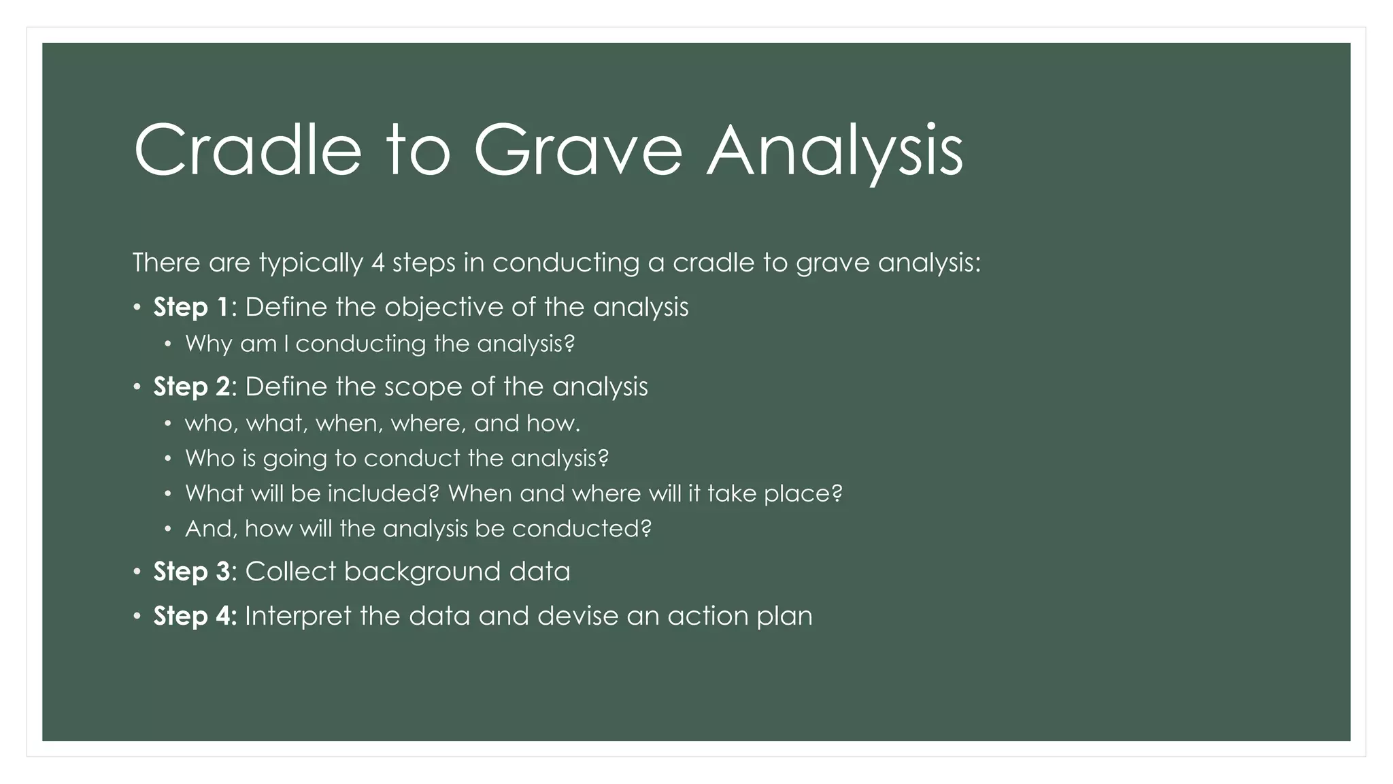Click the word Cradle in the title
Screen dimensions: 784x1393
point(248,150)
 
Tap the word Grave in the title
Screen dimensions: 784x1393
point(577,150)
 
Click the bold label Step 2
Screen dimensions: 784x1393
point(191,387)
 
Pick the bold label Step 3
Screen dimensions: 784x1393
point(192,572)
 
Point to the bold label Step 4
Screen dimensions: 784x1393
point(195,616)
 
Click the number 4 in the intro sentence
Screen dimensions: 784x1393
point(378,263)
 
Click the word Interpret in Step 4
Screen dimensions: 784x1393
point(299,617)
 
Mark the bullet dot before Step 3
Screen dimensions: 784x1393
point(137,571)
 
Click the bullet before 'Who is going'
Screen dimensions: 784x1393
point(168,459)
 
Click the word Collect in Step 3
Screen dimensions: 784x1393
point(290,572)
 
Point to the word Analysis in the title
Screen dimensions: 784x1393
point(835,150)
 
